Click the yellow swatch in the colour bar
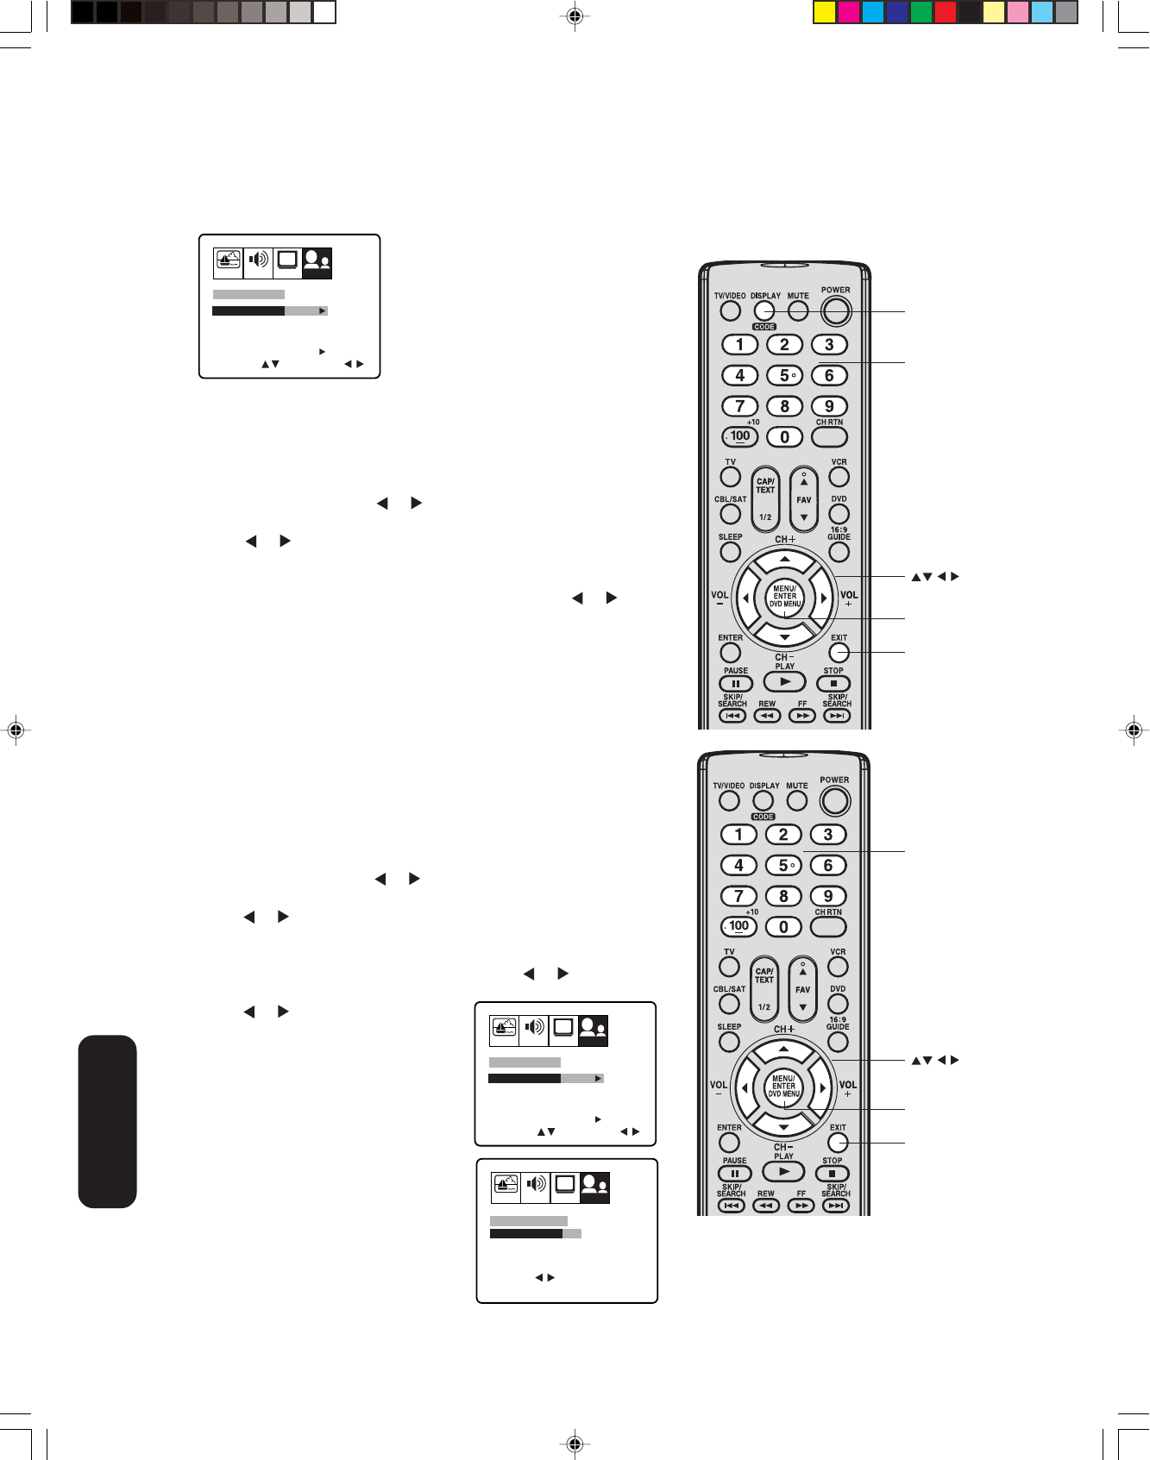pos(826,12)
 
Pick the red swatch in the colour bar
pos(946,12)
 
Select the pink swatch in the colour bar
pos(1018,12)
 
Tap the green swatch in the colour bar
pos(921,12)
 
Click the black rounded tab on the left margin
pos(108,1121)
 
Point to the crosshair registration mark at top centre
pos(575,16)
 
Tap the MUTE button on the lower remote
pos(797,800)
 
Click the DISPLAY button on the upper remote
pos(764,310)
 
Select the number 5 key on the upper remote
pos(785,376)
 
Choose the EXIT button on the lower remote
pos(838,1143)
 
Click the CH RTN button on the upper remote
pos(829,436)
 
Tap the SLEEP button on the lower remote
pos(730,1042)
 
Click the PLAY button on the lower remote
pos(783,1172)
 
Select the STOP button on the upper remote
pos(833,684)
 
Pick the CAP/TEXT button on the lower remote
pos(764,987)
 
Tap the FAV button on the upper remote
pos(804,499)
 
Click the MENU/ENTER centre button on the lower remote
pos(783,1087)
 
